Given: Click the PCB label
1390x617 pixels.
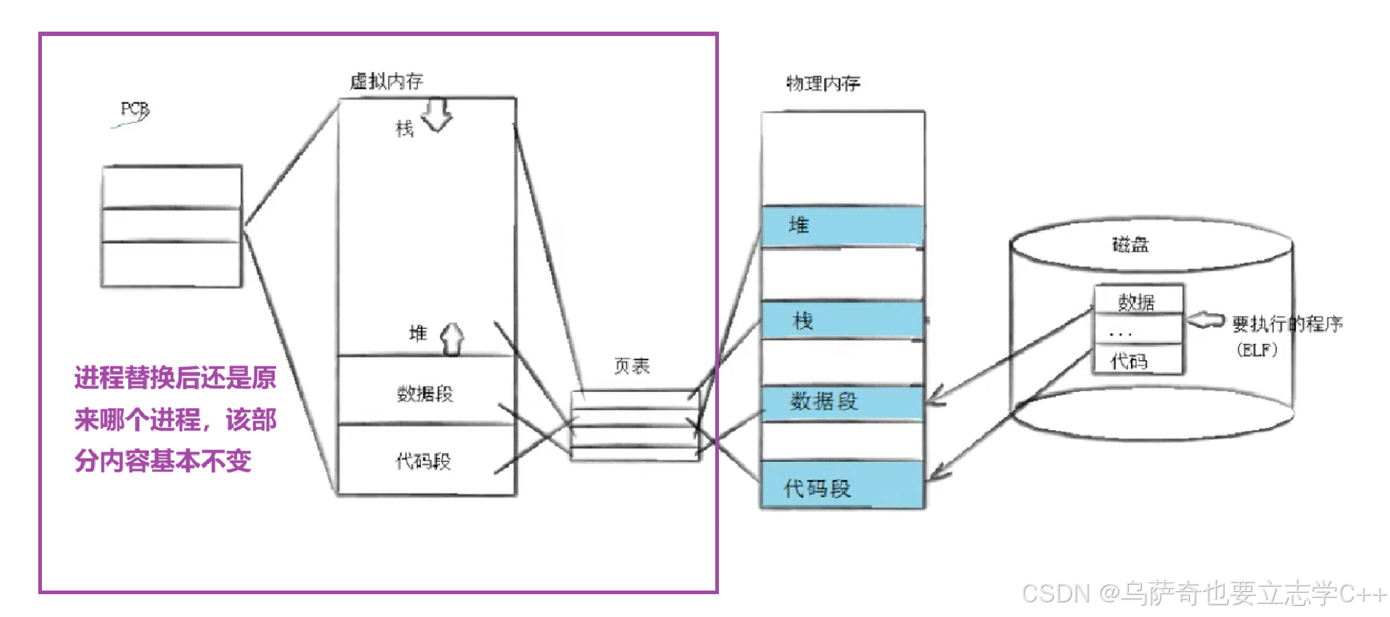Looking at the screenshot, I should click(x=135, y=110).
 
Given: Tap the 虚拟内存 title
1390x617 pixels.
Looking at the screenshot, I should click(x=386, y=81).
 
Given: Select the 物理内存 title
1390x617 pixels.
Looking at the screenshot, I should click(x=823, y=83).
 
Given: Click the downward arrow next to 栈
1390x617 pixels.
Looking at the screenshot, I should click(x=437, y=114).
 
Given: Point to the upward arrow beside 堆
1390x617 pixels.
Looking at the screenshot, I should click(x=452, y=339).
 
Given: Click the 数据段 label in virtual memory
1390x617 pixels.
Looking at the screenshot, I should click(x=425, y=393).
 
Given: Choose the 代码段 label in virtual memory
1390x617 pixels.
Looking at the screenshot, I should click(x=423, y=461).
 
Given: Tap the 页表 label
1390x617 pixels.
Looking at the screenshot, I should click(x=631, y=366).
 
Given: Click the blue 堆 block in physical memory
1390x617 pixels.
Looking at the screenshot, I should click(x=843, y=226).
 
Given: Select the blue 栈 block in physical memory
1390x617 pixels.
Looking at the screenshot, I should click(x=843, y=321).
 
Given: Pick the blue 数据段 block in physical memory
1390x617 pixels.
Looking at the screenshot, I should click(x=843, y=402).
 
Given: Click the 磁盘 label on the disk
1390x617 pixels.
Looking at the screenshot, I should click(x=1130, y=244).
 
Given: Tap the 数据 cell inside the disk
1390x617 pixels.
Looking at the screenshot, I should click(x=1137, y=302).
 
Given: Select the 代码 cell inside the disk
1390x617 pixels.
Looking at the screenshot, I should click(x=1130, y=361).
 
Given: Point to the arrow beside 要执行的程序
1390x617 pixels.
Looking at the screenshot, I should click(x=1205, y=321).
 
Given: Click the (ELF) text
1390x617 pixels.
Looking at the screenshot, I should click(x=1257, y=350).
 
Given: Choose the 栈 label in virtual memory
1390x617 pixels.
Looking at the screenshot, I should click(x=405, y=129).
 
